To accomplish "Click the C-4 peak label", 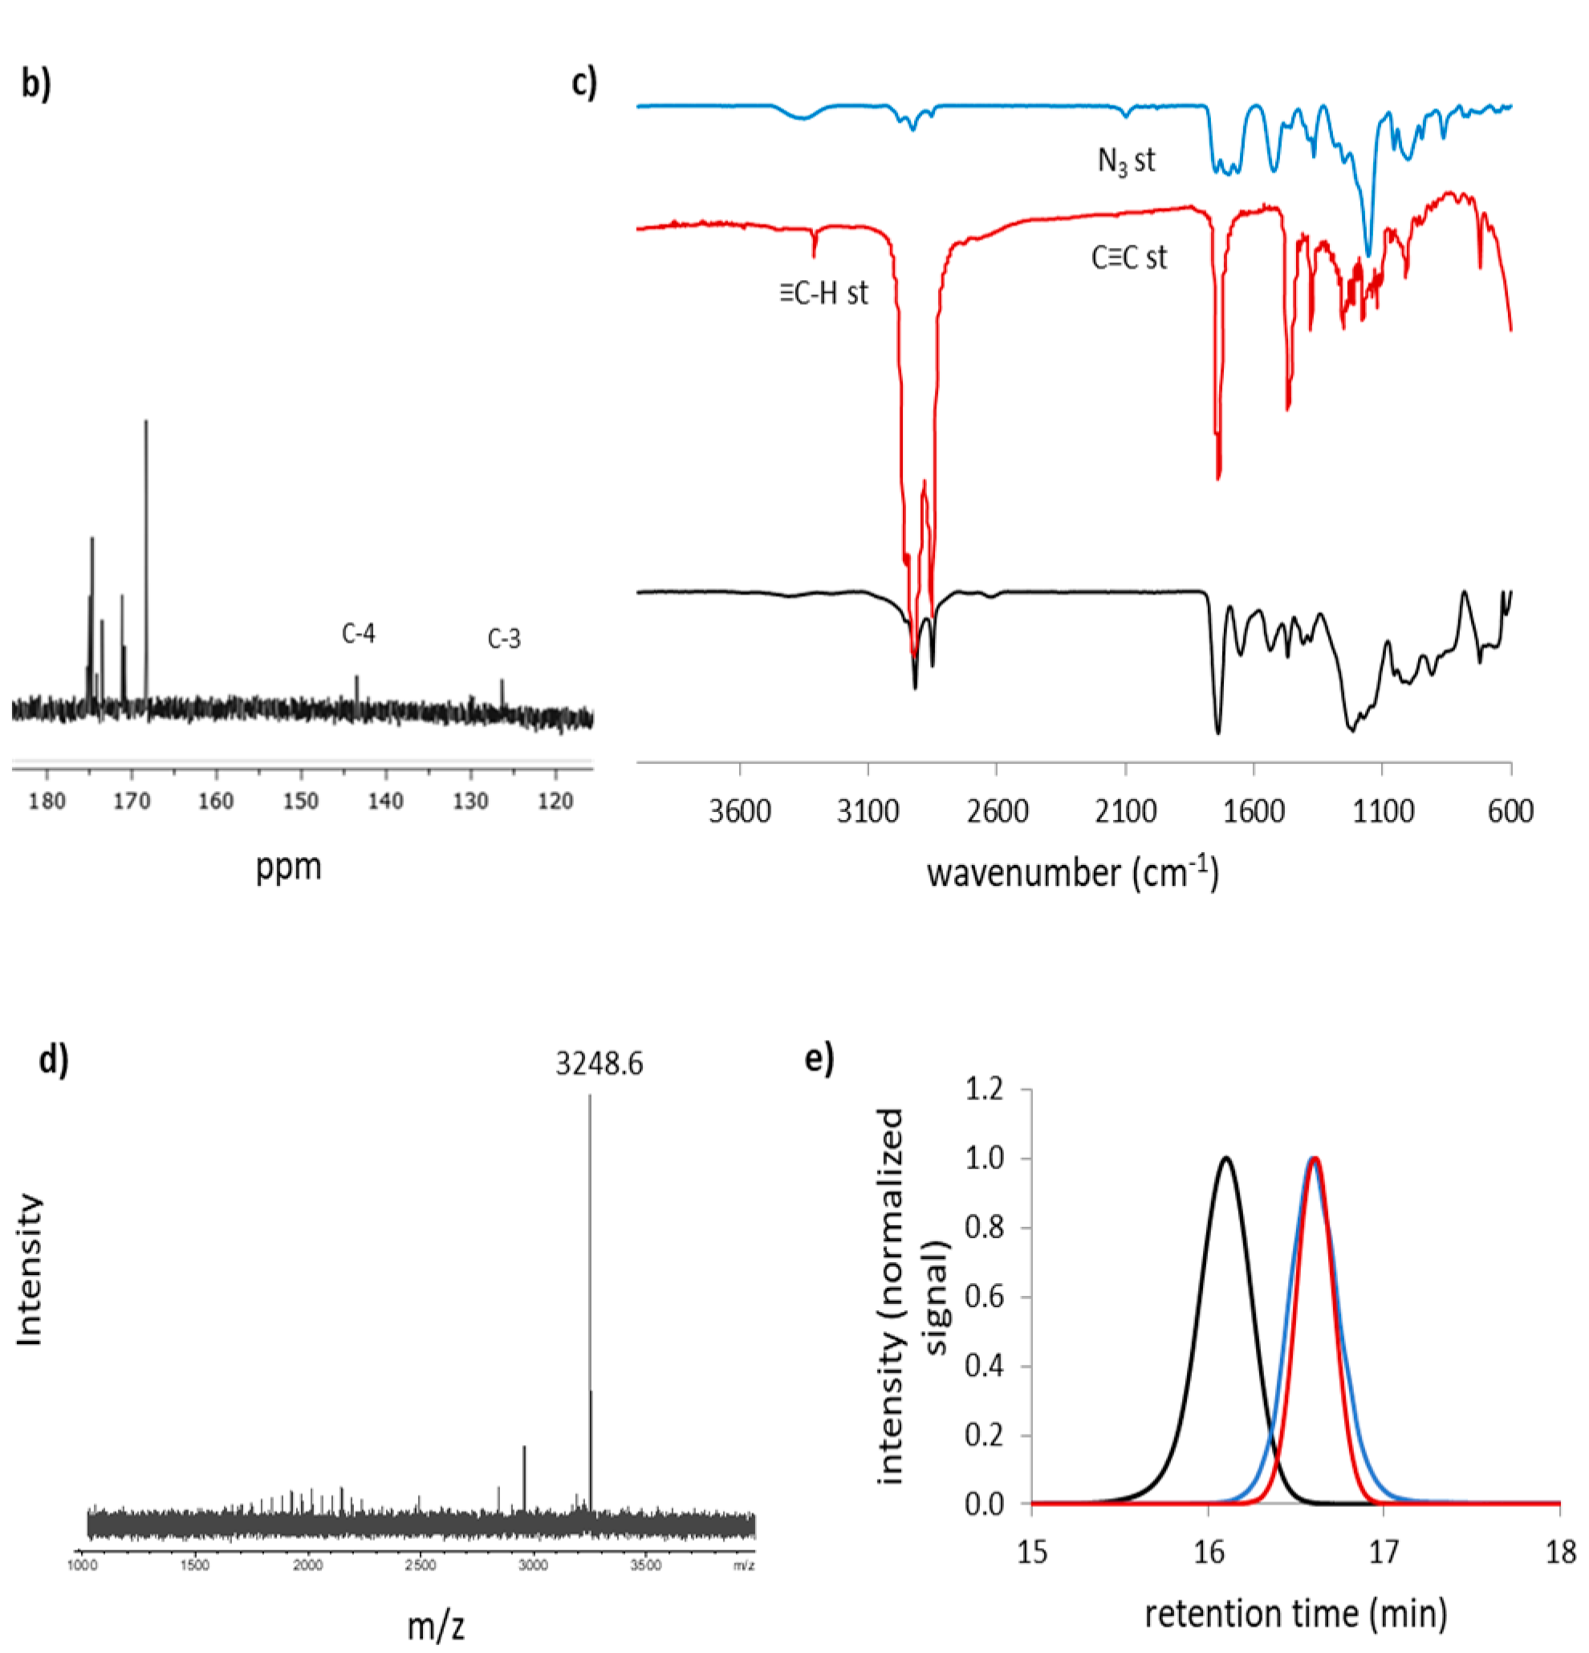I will coord(359,633).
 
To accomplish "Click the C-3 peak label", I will coord(504,640).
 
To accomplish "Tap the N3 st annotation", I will coord(1126,160).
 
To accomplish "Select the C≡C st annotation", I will coord(1128,258).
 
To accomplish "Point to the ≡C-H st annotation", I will coord(823,293).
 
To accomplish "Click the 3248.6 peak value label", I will coord(599,1064).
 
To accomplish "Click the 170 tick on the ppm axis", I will coord(132,800).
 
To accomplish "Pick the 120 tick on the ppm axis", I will coord(555,800).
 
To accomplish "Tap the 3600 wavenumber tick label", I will coord(740,811).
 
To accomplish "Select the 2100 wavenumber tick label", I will coord(1125,811).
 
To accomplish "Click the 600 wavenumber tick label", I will coord(1510,811).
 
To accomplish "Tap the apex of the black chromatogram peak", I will coord(1225,1157).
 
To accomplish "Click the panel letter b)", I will coord(36,84).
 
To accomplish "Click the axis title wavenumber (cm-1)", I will coord(1073,872).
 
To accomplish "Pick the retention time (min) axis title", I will coord(1295,1614).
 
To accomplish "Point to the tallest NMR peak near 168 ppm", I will coord(146,422).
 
